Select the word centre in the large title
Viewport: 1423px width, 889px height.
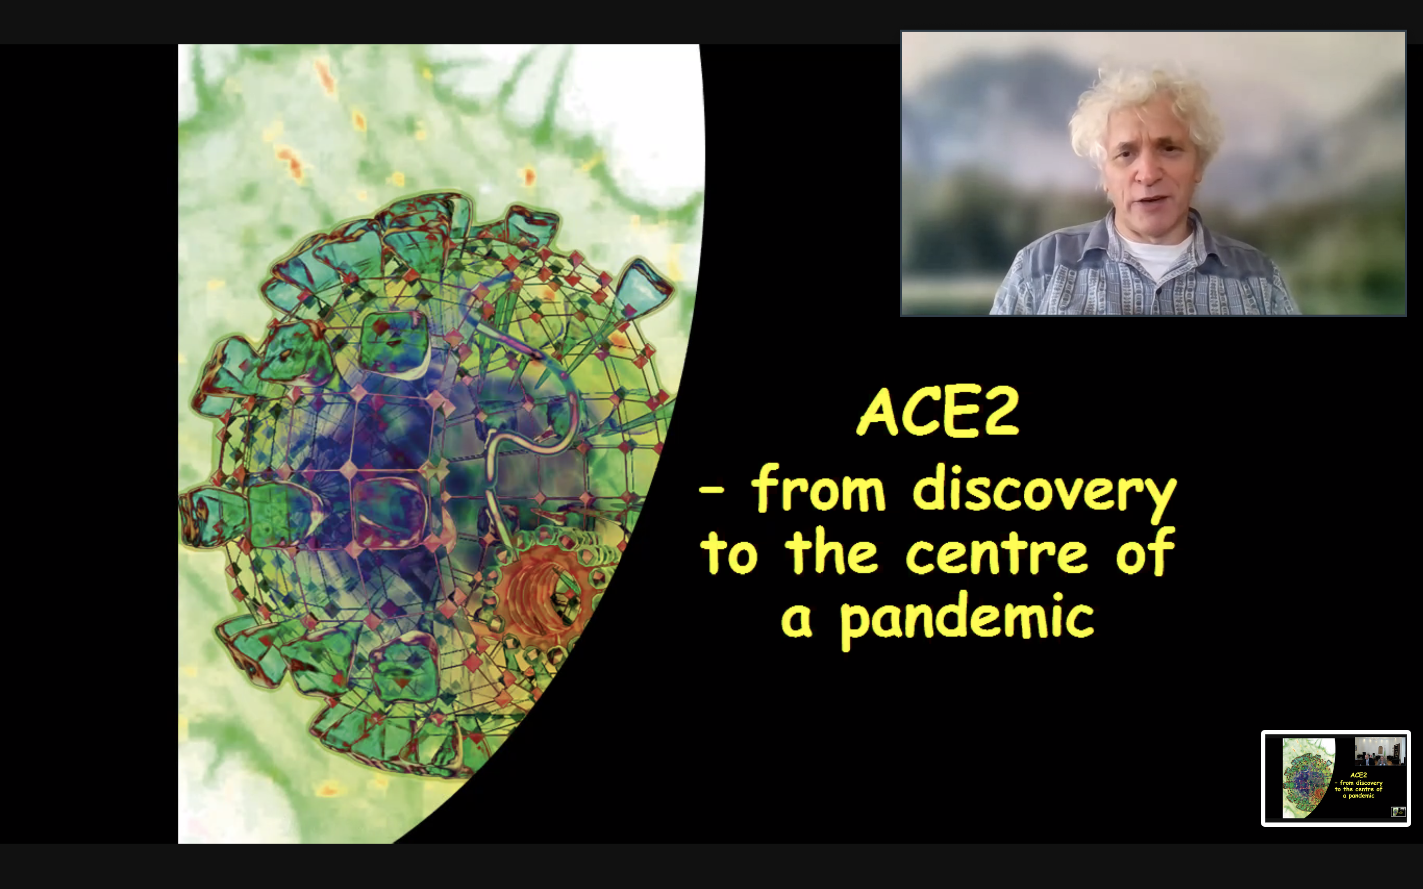pos(997,553)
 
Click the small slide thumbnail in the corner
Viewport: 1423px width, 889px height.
pos(1336,778)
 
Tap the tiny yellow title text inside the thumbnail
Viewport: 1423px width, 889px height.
pos(1358,785)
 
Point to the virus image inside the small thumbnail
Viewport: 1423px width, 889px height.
pos(1308,778)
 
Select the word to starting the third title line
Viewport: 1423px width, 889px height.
pos(729,553)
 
